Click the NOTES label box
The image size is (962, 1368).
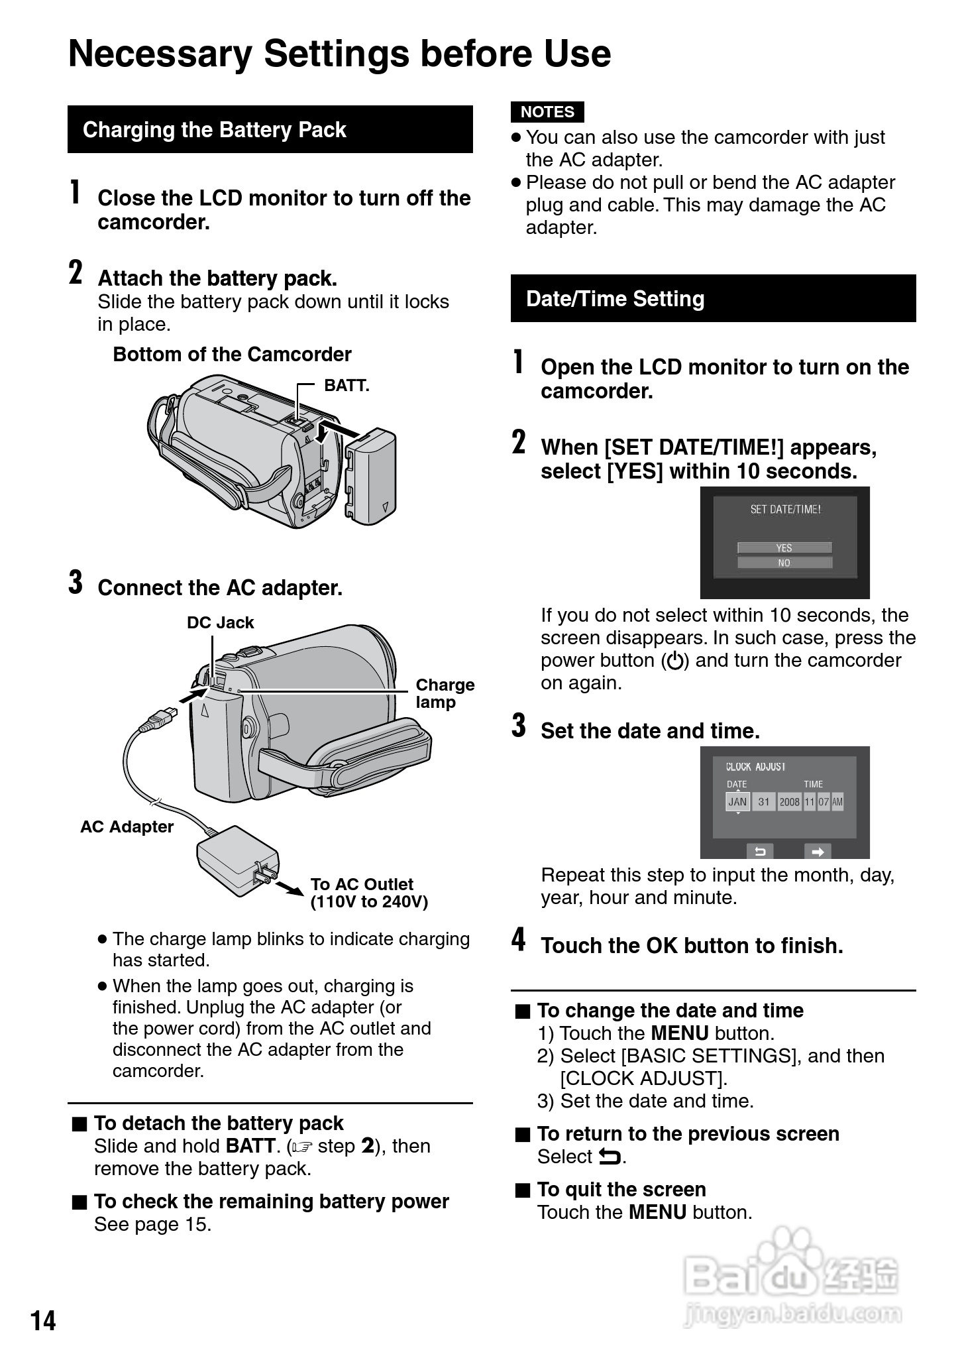tap(547, 112)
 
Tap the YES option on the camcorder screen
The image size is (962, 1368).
tap(784, 547)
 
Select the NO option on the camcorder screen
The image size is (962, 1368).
tap(784, 563)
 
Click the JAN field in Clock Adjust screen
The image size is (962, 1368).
tap(737, 801)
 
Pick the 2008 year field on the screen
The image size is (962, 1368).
tap(789, 802)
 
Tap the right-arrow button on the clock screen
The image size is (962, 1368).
tap(818, 852)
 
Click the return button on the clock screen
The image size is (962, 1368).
tap(761, 852)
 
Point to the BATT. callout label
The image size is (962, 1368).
tap(346, 386)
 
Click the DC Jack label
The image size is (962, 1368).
tap(220, 622)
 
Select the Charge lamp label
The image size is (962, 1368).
tap(445, 693)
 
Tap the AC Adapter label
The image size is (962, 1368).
tap(127, 826)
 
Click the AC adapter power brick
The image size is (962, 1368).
tap(236, 859)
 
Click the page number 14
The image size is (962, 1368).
tap(43, 1321)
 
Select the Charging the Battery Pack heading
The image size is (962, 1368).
tap(214, 130)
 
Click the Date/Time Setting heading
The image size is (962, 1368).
tap(615, 299)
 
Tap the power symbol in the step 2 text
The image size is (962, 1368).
tap(675, 661)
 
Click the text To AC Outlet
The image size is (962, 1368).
tap(362, 884)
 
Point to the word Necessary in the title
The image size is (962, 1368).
tap(160, 54)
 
